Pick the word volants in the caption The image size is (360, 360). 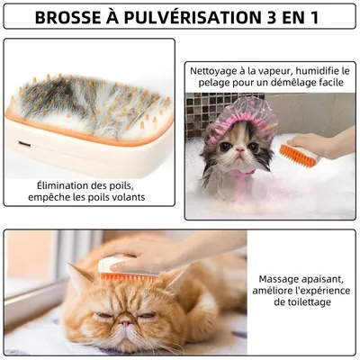[x=129, y=197]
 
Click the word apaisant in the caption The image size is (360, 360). [x=320, y=279]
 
